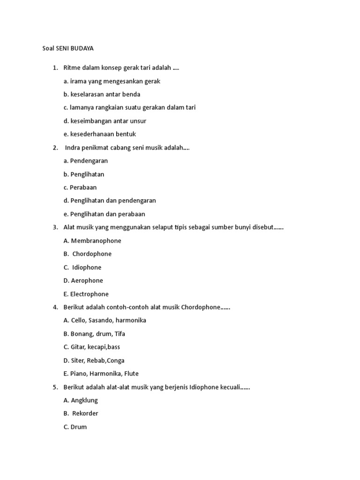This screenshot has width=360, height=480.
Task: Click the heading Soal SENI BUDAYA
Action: click(68, 48)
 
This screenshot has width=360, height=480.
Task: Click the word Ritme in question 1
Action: click(71, 68)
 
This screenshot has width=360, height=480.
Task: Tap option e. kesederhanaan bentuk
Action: click(99, 134)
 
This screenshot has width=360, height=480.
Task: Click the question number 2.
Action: click(55, 148)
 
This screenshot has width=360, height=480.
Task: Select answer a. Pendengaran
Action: click(85, 161)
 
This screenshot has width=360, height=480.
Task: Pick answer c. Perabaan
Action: click(80, 187)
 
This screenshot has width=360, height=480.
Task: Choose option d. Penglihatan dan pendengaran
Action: click(110, 201)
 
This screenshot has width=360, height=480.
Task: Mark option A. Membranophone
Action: click(92, 240)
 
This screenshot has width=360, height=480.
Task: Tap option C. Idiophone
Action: click(82, 267)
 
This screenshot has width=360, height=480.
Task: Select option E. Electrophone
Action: click(86, 294)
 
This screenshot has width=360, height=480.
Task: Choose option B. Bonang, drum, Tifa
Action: click(94, 334)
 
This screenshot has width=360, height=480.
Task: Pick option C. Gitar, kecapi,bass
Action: click(91, 347)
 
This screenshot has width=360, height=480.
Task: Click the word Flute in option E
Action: click(130, 374)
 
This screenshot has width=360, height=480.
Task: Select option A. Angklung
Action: click(81, 400)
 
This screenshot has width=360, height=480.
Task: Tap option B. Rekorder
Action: click(81, 413)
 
